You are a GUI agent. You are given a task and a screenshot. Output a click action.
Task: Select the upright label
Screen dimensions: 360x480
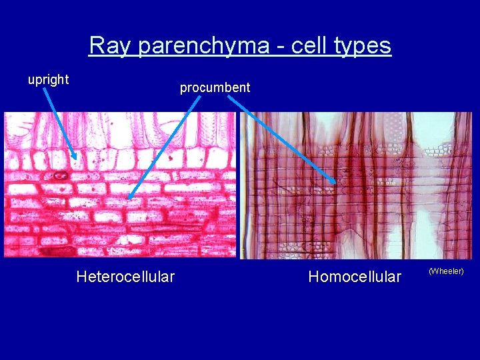point(48,79)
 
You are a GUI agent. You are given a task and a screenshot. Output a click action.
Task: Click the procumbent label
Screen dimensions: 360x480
point(215,87)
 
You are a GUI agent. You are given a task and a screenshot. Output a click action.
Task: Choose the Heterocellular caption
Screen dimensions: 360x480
point(125,277)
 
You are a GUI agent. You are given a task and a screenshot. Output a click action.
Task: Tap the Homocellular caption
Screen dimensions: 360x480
point(355,277)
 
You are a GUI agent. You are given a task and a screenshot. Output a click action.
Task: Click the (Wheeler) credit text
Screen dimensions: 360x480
point(446,271)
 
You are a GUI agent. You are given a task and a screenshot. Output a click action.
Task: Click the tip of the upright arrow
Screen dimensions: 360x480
point(77,159)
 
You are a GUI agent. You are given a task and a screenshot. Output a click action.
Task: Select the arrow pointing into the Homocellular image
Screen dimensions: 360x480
point(280,137)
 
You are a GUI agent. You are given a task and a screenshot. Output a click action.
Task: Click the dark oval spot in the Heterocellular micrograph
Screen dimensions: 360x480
point(60,176)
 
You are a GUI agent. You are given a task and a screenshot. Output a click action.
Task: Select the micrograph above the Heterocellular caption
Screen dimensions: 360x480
point(120,185)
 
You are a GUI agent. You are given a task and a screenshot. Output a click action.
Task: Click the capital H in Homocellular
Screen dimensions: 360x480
point(313,277)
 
